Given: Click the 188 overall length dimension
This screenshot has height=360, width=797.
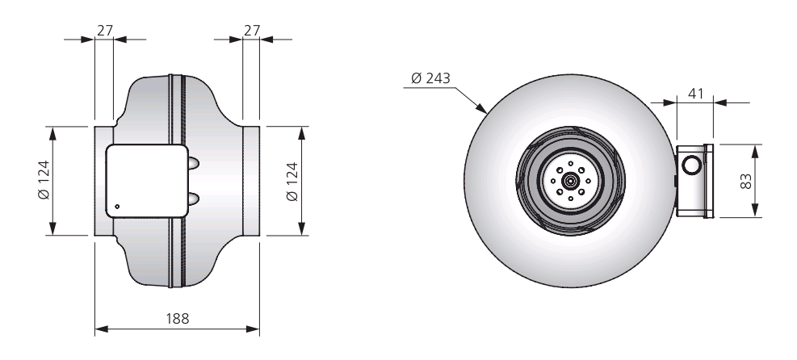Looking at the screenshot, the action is (178, 318).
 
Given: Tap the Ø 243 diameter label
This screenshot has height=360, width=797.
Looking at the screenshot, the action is (430, 78).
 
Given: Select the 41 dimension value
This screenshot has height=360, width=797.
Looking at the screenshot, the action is (695, 94).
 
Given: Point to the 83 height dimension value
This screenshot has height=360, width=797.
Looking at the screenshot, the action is (745, 182).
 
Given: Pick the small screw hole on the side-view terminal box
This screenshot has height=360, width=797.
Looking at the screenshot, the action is (117, 206).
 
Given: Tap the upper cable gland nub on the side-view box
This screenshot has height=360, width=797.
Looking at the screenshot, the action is (194, 163).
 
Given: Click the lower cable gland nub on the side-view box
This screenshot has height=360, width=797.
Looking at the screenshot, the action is (194, 199).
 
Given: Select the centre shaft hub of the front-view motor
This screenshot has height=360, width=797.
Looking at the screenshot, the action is (570, 180).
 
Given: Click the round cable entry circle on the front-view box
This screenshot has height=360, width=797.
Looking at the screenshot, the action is (692, 165).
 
